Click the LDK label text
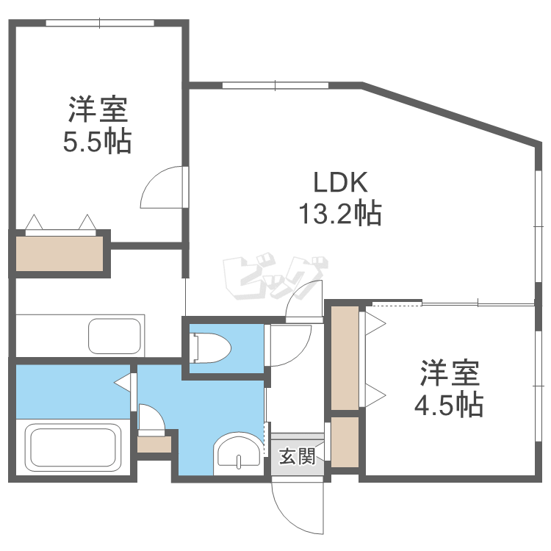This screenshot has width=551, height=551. click(339, 182)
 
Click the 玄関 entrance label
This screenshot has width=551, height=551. click(297, 457)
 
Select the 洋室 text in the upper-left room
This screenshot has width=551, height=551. click(98, 110)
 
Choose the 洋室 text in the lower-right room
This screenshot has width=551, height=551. click(450, 374)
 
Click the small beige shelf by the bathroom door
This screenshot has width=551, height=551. click(154, 444)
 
